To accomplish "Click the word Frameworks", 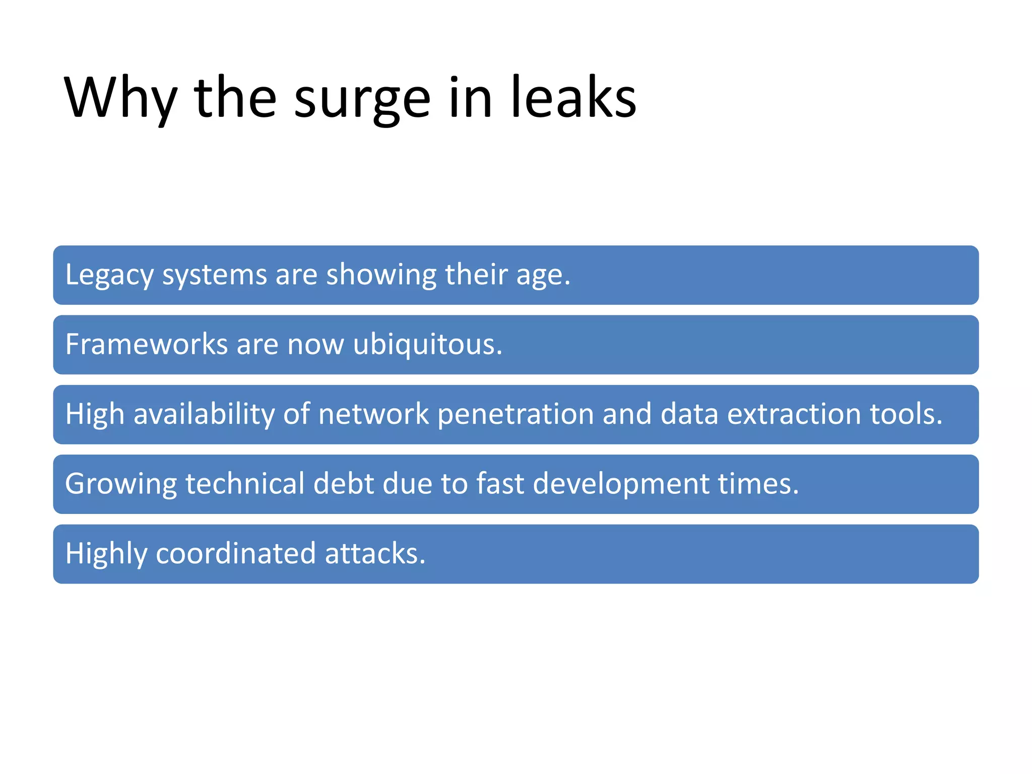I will tap(147, 344).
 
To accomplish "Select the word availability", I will tap(204, 414).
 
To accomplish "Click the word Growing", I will tap(121, 484).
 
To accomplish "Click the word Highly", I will tap(106, 554).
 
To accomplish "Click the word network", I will tap(373, 414).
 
